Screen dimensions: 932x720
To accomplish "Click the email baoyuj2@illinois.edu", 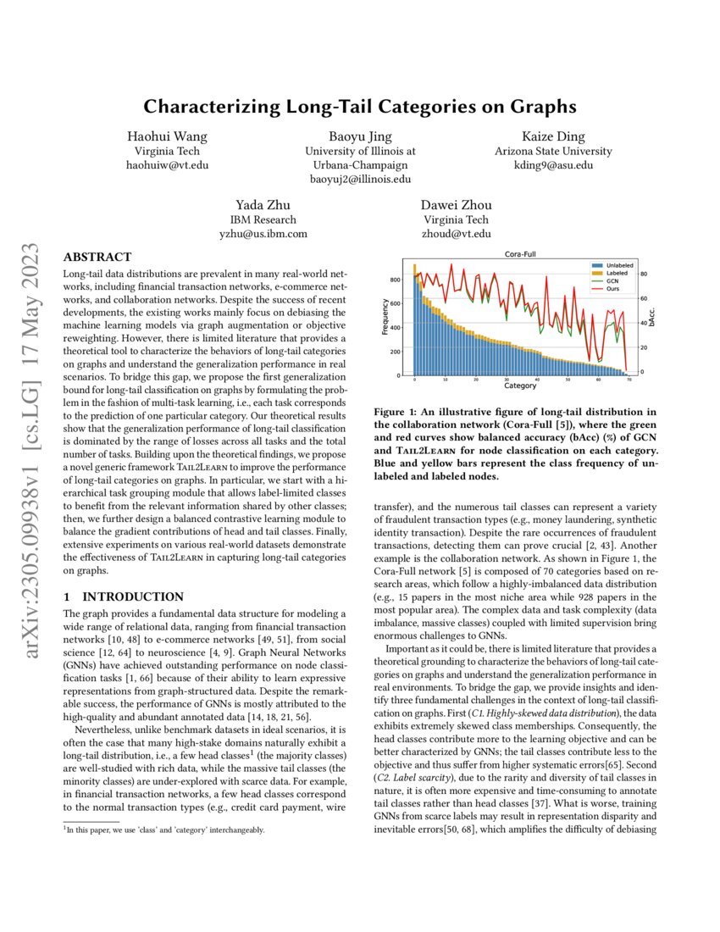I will [x=359, y=179].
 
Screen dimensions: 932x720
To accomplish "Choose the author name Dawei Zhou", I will [x=456, y=205].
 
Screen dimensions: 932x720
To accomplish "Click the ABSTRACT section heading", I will [x=97, y=257].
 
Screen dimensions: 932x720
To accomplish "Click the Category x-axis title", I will [x=519, y=386].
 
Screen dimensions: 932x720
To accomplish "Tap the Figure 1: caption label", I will [x=399, y=413].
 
